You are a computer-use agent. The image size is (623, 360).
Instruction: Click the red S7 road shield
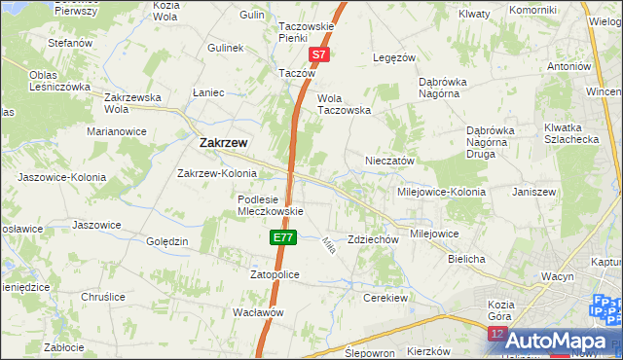[x=320, y=57]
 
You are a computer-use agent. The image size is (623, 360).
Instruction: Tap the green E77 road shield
[x=282, y=237]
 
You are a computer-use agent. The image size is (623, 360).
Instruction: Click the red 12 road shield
[x=497, y=335]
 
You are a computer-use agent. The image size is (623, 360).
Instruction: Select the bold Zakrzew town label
[x=223, y=142]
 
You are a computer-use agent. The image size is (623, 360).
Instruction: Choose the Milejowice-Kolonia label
[x=441, y=192]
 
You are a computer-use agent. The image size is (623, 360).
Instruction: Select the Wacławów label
[x=258, y=312]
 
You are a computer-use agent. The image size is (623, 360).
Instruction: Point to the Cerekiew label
[x=383, y=297]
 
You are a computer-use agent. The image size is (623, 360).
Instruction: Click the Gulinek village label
[x=225, y=47]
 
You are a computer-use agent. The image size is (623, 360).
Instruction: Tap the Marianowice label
[x=117, y=130]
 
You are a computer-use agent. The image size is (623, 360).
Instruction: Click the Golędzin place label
[x=166, y=241]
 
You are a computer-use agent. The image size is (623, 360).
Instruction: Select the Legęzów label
[x=395, y=57]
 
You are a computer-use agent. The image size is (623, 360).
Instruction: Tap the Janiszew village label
[x=533, y=192]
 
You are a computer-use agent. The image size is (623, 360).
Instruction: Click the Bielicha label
[x=466, y=260]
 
